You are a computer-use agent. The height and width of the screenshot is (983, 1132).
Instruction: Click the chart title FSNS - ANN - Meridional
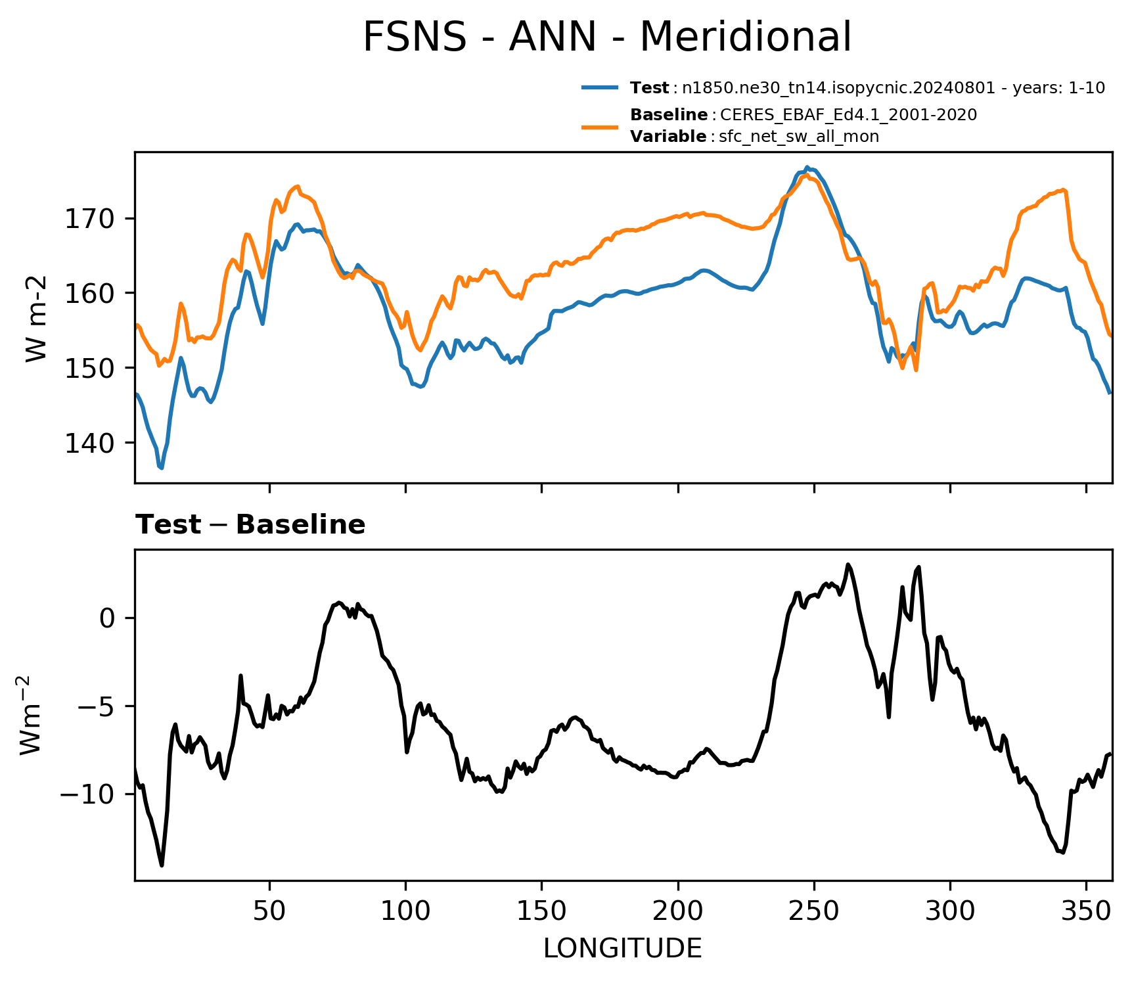coord(607,37)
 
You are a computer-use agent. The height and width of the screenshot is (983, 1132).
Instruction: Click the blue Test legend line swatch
coord(600,87)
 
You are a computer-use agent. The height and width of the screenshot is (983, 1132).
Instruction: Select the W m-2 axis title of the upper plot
coord(37,319)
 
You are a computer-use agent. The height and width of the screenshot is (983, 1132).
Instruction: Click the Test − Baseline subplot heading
coord(250,525)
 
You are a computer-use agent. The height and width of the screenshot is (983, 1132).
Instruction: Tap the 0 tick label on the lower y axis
coord(106,618)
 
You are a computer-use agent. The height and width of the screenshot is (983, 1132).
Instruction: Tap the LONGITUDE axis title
coord(623,949)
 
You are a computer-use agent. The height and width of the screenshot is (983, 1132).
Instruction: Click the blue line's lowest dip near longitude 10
coord(162,468)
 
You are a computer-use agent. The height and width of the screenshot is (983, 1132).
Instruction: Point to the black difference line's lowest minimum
coord(162,865)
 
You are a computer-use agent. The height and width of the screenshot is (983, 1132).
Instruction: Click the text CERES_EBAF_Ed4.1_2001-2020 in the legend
coord(849,115)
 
